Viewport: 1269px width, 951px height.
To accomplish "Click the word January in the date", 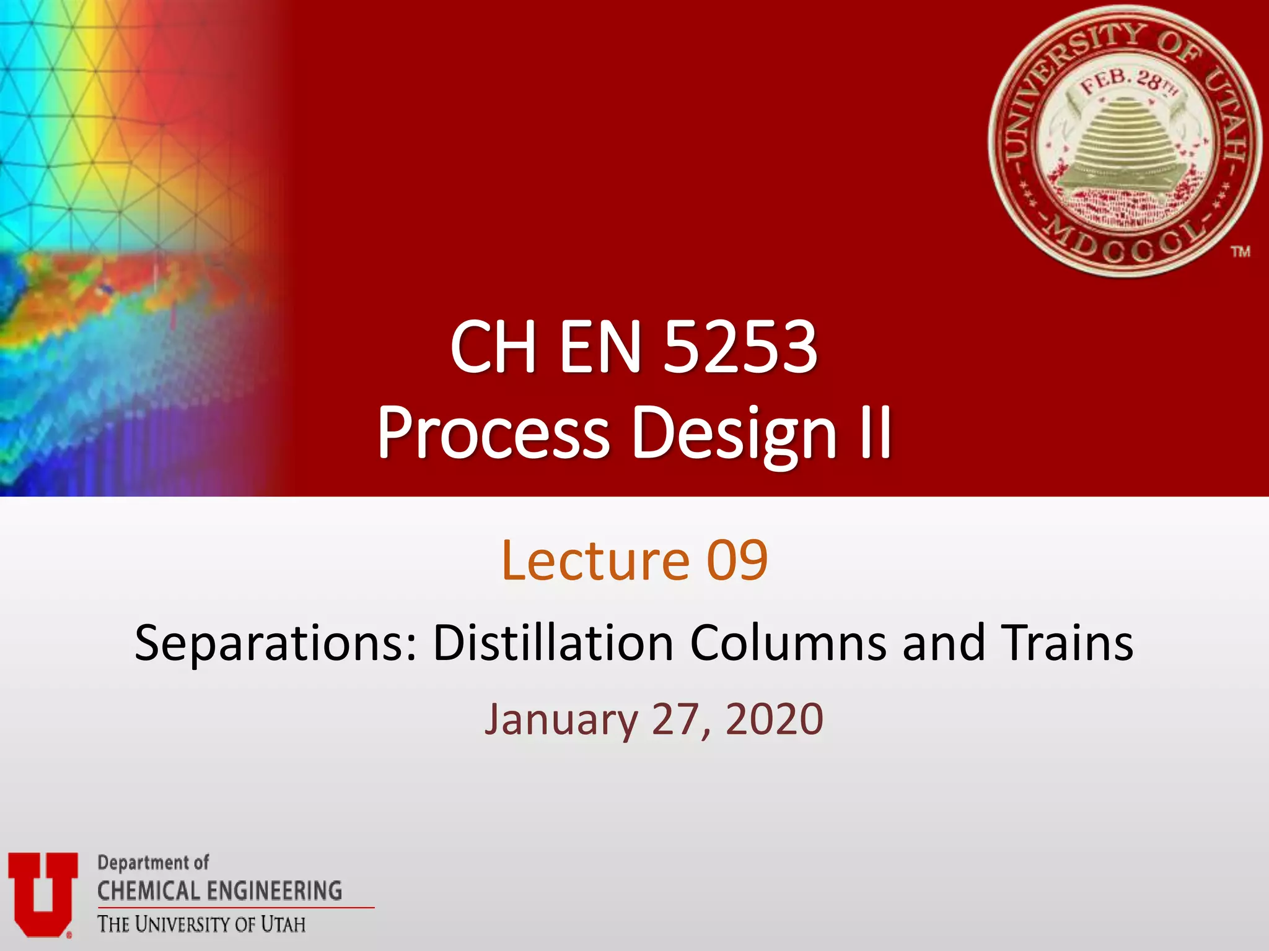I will pyautogui.click(x=561, y=719).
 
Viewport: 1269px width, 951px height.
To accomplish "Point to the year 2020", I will pyautogui.click(x=774, y=719).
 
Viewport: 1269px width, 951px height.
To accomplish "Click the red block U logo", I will pyautogui.click(x=43, y=892).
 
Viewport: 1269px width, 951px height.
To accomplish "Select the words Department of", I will pyautogui.click(x=153, y=862).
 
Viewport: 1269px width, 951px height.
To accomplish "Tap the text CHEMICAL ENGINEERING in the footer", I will pyautogui.click(x=219, y=891).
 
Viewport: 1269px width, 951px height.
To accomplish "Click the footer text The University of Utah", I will pyautogui.click(x=201, y=924).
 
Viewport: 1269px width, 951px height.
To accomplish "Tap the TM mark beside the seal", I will pyautogui.click(x=1240, y=251).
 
